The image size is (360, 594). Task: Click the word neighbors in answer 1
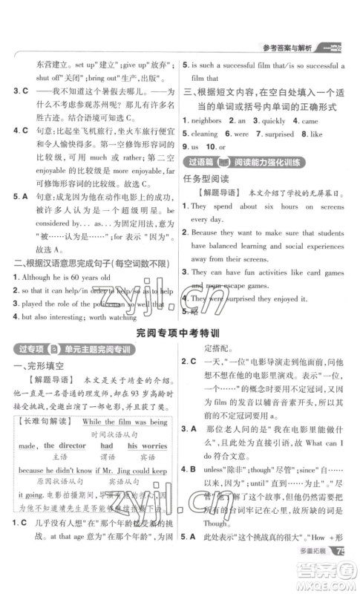pyautogui.click(x=209, y=120)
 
